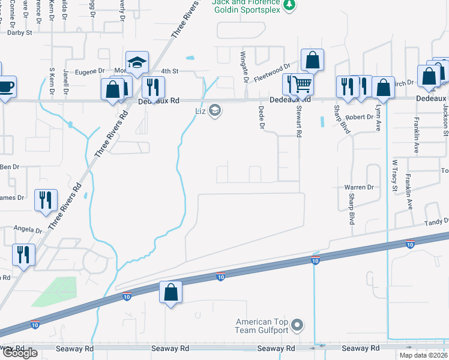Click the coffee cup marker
(x=5, y=87)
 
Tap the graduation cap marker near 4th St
(x=137, y=62)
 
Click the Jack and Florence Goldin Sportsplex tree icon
(x=289, y=5)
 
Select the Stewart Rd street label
(x=298, y=121)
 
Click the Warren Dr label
(x=359, y=187)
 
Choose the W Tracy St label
(x=394, y=176)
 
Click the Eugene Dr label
(x=89, y=71)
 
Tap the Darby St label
(x=20, y=33)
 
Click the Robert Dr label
(x=359, y=117)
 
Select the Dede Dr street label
(x=261, y=117)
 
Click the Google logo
(x=20, y=353)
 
